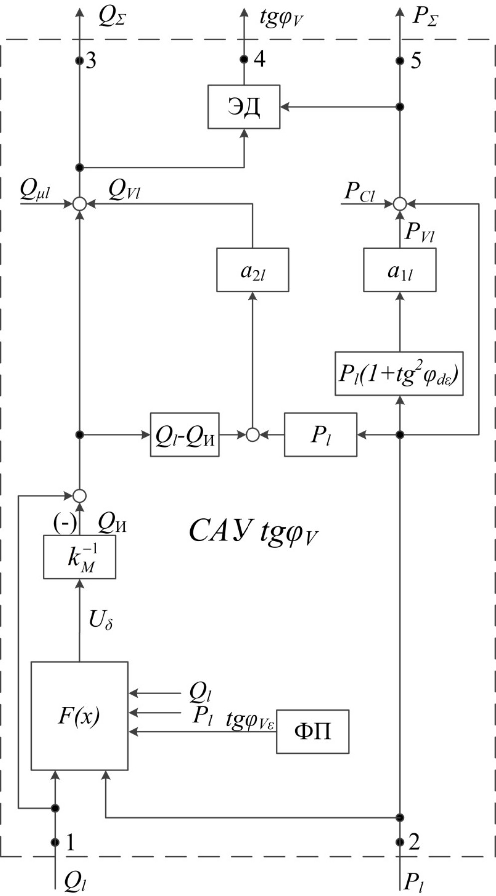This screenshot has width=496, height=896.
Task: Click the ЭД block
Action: coord(244,107)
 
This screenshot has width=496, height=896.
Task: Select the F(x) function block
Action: coord(79,716)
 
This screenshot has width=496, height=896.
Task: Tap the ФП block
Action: coord(313,731)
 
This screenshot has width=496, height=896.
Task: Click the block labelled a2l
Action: coord(252,270)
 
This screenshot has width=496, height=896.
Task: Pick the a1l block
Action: coord(399,270)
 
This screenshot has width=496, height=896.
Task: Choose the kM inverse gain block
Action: coord(79,557)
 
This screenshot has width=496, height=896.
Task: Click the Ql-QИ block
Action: coord(185,435)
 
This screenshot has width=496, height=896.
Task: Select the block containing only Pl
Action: coord(321,435)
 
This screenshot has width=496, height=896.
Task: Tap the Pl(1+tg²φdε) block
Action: coord(399,374)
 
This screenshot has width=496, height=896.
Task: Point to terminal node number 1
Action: coord(55,842)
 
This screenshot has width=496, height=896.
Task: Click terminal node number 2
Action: coord(399,842)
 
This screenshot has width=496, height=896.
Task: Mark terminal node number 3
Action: coord(79,61)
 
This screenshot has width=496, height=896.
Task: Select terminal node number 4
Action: coord(244,60)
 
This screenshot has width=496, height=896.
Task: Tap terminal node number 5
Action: coord(399,61)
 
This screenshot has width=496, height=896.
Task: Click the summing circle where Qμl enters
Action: coord(79,204)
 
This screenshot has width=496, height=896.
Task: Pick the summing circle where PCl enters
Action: coord(399,204)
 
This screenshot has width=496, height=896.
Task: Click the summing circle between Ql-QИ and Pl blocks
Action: coord(252,435)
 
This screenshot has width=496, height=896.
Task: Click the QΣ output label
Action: coord(112,17)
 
